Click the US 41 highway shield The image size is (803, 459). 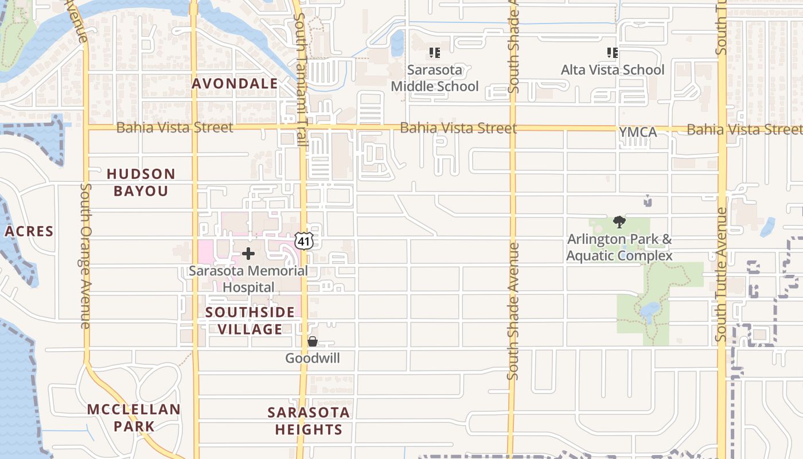point(304,241)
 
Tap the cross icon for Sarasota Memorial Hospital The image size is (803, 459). point(248,254)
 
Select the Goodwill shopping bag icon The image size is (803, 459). point(313,342)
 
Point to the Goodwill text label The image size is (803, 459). point(313,359)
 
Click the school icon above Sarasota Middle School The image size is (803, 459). point(435,53)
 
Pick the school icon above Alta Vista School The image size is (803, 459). point(613,53)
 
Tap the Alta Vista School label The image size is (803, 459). point(613,70)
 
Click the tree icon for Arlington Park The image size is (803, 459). point(619,222)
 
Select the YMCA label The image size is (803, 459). point(638,133)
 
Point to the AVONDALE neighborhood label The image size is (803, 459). point(235,84)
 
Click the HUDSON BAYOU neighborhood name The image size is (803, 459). point(141,182)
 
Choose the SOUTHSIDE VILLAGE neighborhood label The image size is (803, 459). point(250,321)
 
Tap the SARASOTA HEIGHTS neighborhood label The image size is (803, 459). point(309,421)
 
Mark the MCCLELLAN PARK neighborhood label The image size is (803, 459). point(134,418)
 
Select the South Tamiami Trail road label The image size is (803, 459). point(299,80)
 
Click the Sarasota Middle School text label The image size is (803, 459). point(435,78)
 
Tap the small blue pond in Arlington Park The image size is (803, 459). point(650,310)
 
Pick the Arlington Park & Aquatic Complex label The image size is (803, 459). point(619,247)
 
